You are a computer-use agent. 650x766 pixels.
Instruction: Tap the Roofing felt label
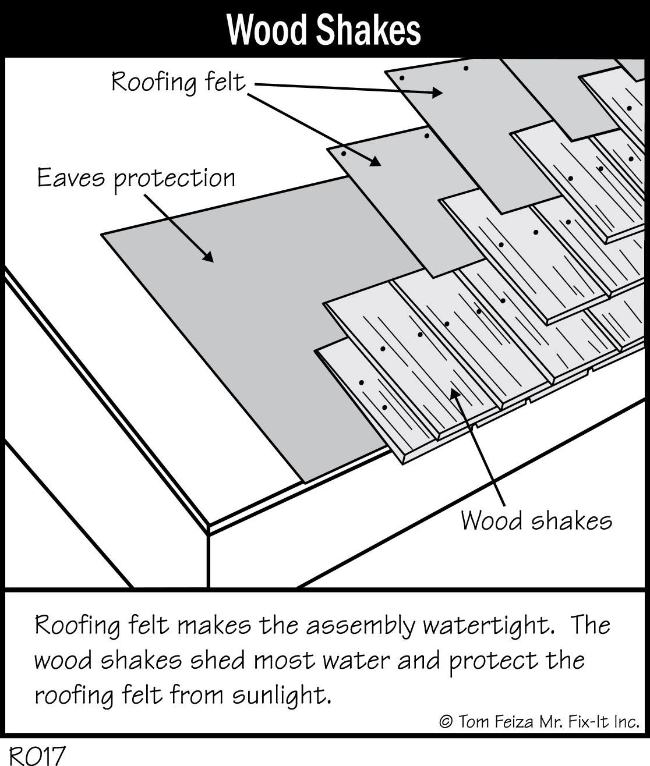[179, 82]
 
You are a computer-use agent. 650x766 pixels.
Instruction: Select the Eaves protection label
[136, 178]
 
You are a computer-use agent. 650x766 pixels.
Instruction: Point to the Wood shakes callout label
[536, 520]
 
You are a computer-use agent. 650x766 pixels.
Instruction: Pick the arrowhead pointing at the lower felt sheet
[375, 162]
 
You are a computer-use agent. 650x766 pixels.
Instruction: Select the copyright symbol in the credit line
[446, 722]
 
